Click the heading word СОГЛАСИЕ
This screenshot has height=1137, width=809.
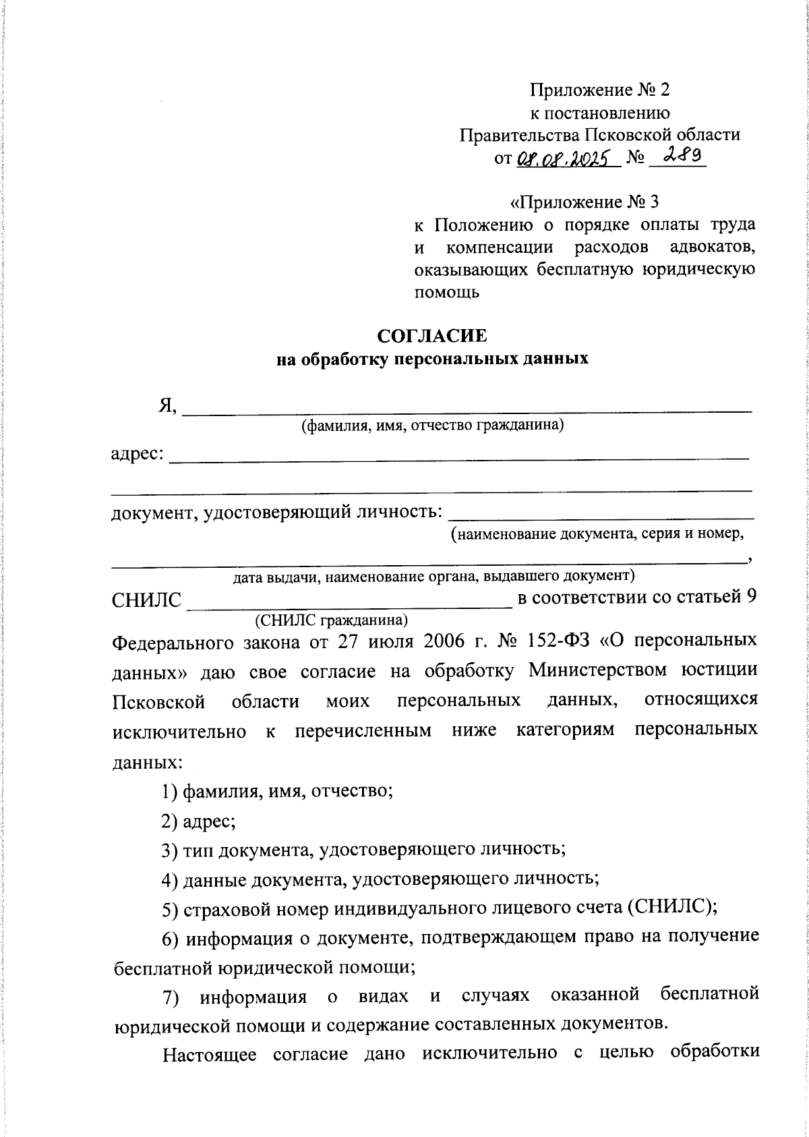[432, 335]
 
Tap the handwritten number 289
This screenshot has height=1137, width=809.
[682, 156]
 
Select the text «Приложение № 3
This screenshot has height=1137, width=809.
[585, 202]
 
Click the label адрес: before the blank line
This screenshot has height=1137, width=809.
[138, 454]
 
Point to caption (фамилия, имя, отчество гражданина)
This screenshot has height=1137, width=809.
[432, 426]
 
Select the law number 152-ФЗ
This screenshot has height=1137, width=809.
[542, 640]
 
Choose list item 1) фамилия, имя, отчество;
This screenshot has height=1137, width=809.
[277, 790]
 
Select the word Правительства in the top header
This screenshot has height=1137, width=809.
[518, 135]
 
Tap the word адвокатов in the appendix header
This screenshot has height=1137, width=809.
[713, 247]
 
